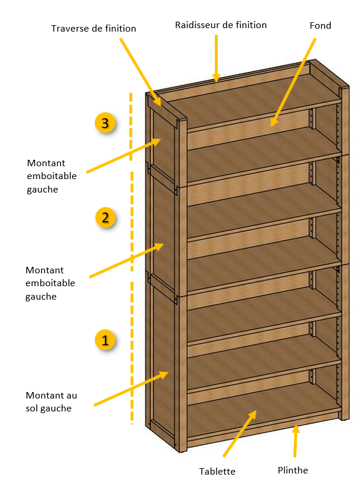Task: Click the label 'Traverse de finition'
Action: point(94,29)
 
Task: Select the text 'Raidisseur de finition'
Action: point(221,25)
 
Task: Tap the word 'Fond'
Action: point(320,25)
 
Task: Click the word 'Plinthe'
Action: point(293,470)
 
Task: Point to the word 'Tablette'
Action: point(217,471)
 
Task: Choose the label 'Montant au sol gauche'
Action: point(52,402)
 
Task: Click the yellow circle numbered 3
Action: point(105,123)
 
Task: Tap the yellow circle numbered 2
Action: point(105,217)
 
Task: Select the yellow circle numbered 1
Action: point(105,340)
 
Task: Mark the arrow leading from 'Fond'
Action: point(293,83)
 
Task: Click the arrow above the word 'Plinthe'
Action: point(295,441)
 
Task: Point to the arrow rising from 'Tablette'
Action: point(239,434)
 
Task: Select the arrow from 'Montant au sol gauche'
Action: point(132,389)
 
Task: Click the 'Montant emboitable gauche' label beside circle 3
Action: point(52,176)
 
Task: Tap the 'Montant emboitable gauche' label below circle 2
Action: point(50,283)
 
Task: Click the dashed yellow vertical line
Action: point(132,258)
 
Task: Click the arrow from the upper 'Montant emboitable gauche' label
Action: point(124,156)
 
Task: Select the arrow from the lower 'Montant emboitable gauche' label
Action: point(126,260)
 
